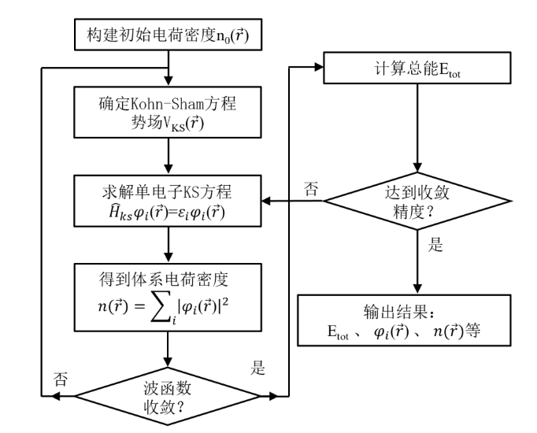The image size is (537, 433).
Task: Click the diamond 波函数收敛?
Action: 169,392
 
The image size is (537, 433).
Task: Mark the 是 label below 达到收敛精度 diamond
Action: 435,245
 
